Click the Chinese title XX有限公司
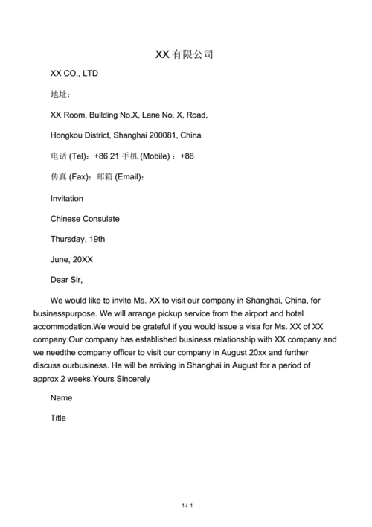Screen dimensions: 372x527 [184, 54]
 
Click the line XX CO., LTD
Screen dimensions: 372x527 [74, 74]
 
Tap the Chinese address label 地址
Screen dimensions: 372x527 [60, 95]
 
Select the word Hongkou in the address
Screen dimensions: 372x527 [68, 135]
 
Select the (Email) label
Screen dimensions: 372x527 [127, 177]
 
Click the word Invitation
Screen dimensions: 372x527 [66, 198]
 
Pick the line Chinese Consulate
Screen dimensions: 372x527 [84, 219]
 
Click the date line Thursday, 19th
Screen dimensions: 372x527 [77, 239]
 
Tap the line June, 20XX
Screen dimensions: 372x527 [71, 260]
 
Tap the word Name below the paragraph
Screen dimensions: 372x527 [61, 397]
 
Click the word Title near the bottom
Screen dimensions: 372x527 [58, 418]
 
